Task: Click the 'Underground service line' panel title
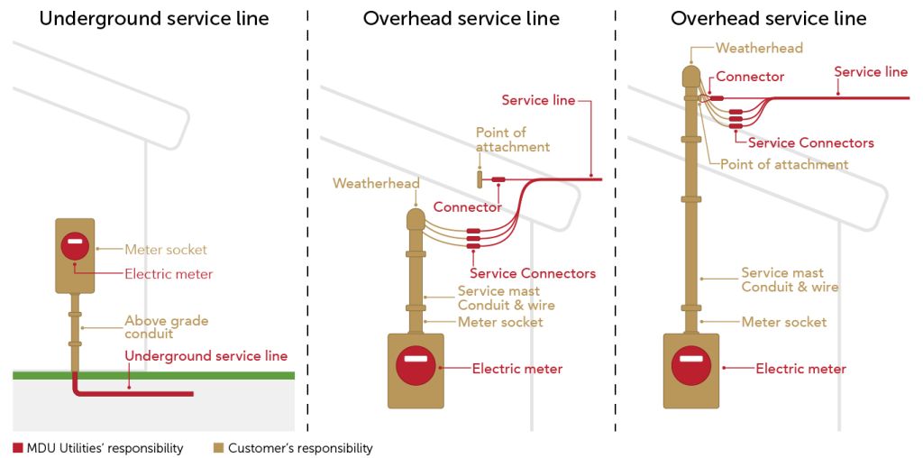pyautogui.click(x=154, y=18)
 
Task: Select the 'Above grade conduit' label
pyautogui.click(x=166, y=326)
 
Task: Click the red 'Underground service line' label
pyautogui.click(x=206, y=356)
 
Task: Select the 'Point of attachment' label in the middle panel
pyautogui.click(x=513, y=140)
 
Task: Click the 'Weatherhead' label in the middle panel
pyautogui.click(x=376, y=184)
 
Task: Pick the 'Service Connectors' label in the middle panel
pyautogui.click(x=533, y=273)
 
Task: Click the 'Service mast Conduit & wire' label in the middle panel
pyautogui.click(x=506, y=298)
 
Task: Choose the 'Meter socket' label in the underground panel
pyautogui.click(x=166, y=250)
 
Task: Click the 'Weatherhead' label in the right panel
pyautogui.click(x=759, y=48)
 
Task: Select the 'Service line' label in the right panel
pyautogui.click(x=871, y=72)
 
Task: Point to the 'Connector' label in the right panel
pyautogui.click(x=750, y=78)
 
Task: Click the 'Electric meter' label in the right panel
pyautogui.click(x=800, y=369)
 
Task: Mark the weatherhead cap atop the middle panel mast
pyautogui.click(x=416, y=218)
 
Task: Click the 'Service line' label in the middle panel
pyautogui.click(x=538, y=100)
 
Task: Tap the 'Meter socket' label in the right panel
pyautogui.click(x=783, y=322)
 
